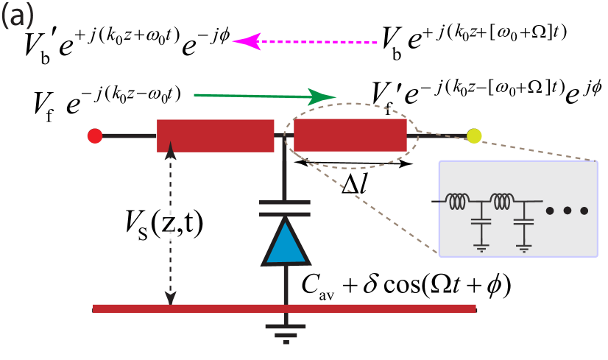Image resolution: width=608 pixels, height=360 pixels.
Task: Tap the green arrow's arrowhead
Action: [x=322, y=96]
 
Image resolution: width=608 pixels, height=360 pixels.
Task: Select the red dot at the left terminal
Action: [x=95, y=135]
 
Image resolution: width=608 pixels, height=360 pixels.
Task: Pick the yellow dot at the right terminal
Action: [x=474, y=135]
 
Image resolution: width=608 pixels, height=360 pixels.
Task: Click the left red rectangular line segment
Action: [x=215, y=135]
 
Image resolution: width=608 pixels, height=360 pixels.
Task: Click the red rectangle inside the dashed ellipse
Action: [x=350, y=135]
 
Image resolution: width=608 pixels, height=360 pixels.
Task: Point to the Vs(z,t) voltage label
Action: [x=161, y=224]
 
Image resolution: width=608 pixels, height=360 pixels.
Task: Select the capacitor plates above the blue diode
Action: [x=285, y=208]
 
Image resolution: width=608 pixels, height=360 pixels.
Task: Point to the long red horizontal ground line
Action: [x=284, y=308]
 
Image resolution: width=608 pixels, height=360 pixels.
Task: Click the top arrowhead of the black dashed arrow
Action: [x=170, y=149]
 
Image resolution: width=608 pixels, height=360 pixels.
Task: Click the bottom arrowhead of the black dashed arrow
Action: [x=170, y=297]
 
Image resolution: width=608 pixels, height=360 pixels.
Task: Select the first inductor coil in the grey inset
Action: [x=459, y=200]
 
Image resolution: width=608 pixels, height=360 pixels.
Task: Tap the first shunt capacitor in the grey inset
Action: [x=481, y=220]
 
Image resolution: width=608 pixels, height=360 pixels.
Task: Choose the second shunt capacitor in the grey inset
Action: [x=523, y=220]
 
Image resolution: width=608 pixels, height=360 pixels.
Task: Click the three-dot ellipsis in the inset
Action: [x=566, y=211]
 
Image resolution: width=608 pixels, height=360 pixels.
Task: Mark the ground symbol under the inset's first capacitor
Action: [x=481, y=247]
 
